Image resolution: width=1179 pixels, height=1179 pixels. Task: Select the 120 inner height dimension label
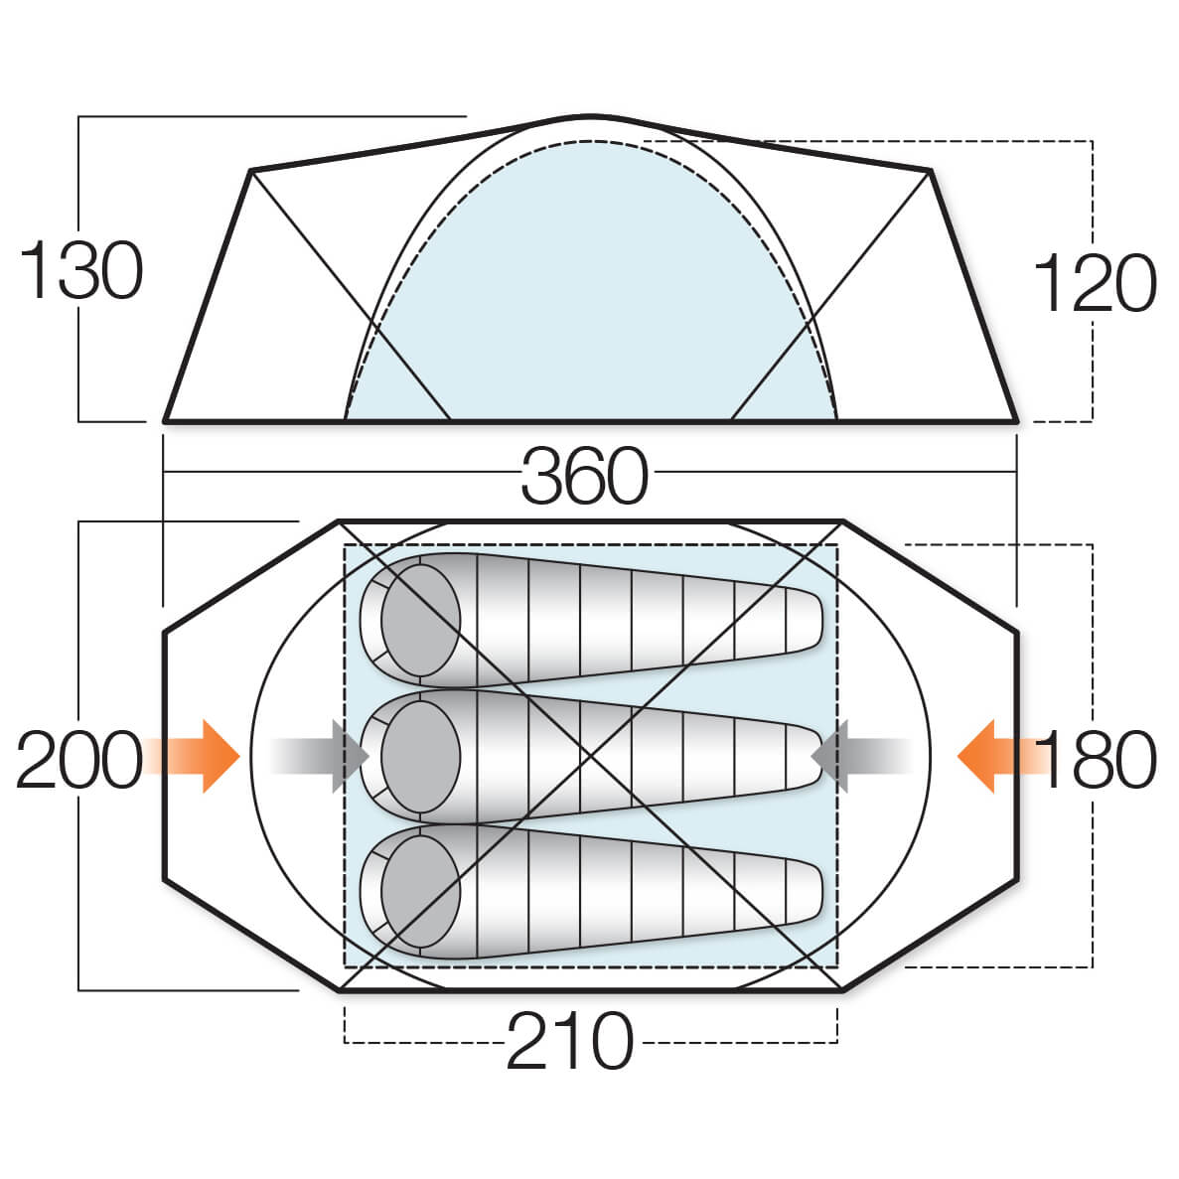(x=1095, y=283)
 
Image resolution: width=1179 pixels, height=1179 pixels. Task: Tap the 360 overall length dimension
(x=584, y=477)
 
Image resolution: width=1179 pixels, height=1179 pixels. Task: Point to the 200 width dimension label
(x=79, y=760)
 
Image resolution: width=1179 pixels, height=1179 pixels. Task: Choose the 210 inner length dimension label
(x=569, y=1042)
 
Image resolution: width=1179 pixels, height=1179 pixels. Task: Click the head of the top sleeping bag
(x=420, y=622)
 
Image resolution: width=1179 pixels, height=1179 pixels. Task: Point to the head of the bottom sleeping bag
(x=420, y=892)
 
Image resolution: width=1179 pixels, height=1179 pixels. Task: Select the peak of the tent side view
(x=590, y=117)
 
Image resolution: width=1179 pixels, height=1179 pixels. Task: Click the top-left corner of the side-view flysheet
(x=250, y=171)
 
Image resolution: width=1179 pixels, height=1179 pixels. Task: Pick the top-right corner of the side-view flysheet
(x=930, y=171)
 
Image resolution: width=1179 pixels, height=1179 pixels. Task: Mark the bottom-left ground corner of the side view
(x=166, y=421)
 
